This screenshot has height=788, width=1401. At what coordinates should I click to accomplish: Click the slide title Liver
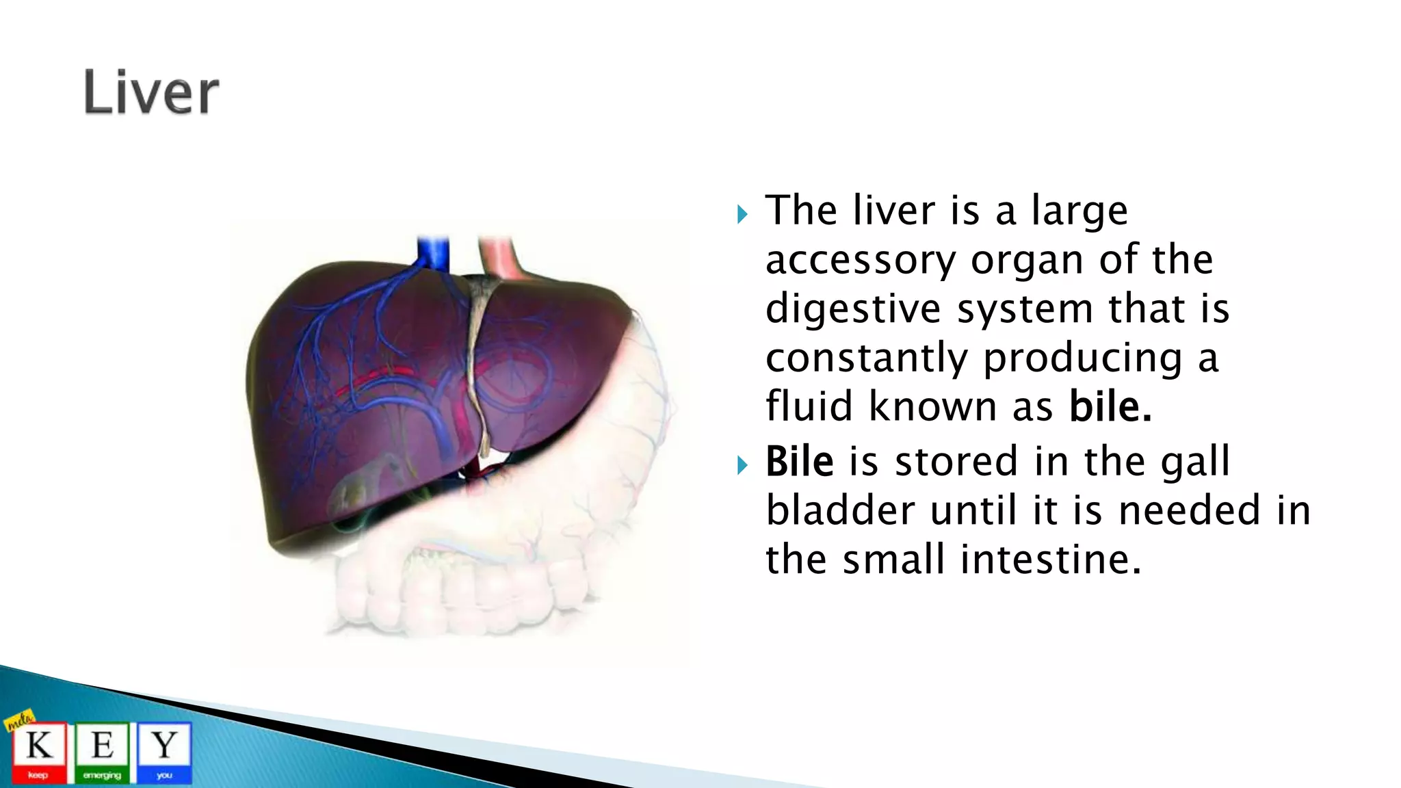coord(151,93)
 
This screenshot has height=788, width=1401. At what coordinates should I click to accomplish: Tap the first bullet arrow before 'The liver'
coord(743,215)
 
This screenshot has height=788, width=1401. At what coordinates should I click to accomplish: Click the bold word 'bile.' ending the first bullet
coord(1110,406)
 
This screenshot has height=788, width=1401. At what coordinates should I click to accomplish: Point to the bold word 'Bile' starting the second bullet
coord(799,461)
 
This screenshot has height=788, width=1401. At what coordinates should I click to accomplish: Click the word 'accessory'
coord(860,261)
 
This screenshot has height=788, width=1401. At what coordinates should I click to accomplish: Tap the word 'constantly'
coord(866,358)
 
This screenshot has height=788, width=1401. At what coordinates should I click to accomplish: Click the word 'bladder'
coord(839,510)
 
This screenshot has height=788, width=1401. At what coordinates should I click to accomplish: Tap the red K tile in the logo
coord(38,752)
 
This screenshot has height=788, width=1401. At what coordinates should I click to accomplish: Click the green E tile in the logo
coord(102,752)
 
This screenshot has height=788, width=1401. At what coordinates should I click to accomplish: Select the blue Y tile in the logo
coord(164,752)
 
